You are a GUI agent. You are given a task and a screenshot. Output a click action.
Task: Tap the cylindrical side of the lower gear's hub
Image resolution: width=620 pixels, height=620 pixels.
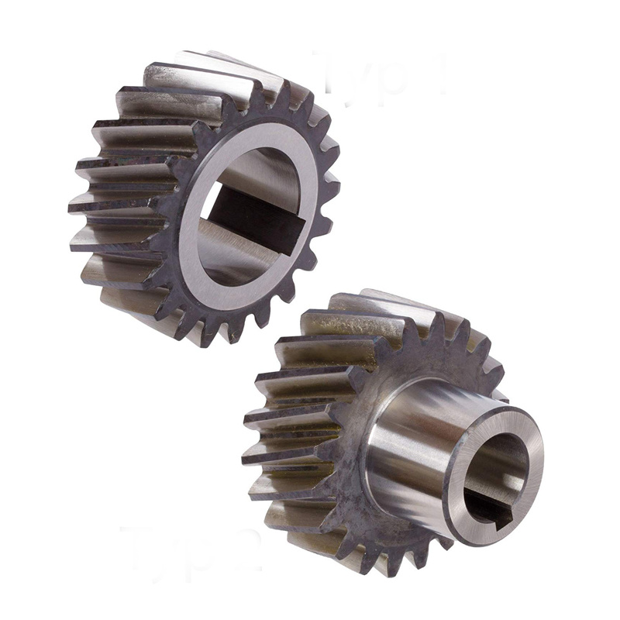click(411, 457)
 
